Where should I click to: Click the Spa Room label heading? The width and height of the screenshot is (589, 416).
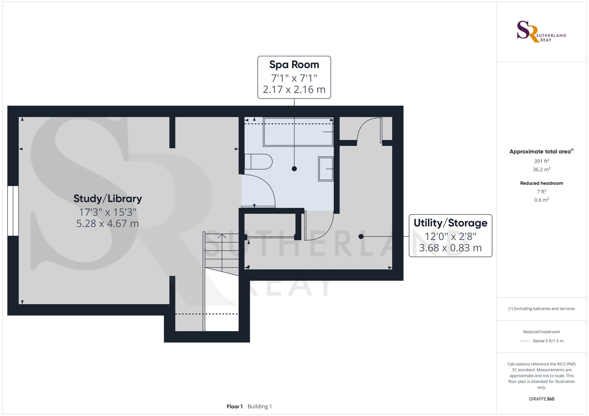coord(294,65)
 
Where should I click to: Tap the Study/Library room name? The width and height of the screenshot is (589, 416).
coord(107,199)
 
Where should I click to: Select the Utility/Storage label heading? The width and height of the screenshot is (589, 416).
coord(450,223)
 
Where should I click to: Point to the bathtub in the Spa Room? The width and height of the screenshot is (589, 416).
coord(298,132)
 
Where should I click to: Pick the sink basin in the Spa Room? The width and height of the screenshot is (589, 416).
coord(326,169)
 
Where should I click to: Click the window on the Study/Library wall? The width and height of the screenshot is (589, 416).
coord(13,211)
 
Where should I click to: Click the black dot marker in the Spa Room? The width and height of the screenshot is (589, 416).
coord(294,169)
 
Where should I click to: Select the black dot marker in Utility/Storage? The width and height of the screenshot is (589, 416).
coord(361,236)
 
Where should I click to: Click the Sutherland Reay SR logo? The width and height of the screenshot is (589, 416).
coord(541,32)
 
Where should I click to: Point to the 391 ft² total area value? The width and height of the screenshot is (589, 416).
coord(542,161)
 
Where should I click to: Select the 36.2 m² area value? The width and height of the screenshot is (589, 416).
coord(542,169)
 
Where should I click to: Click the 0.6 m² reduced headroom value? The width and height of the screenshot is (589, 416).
coord(542,200)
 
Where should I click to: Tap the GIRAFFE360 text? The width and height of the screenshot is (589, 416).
coord(542,399)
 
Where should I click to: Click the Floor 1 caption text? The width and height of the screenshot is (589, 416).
coord(235,407)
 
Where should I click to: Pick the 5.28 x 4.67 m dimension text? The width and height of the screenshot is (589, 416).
coord(107,224)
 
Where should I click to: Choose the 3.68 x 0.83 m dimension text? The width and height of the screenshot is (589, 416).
coord(450,248)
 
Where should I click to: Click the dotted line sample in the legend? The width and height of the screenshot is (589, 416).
coord(525,341)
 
